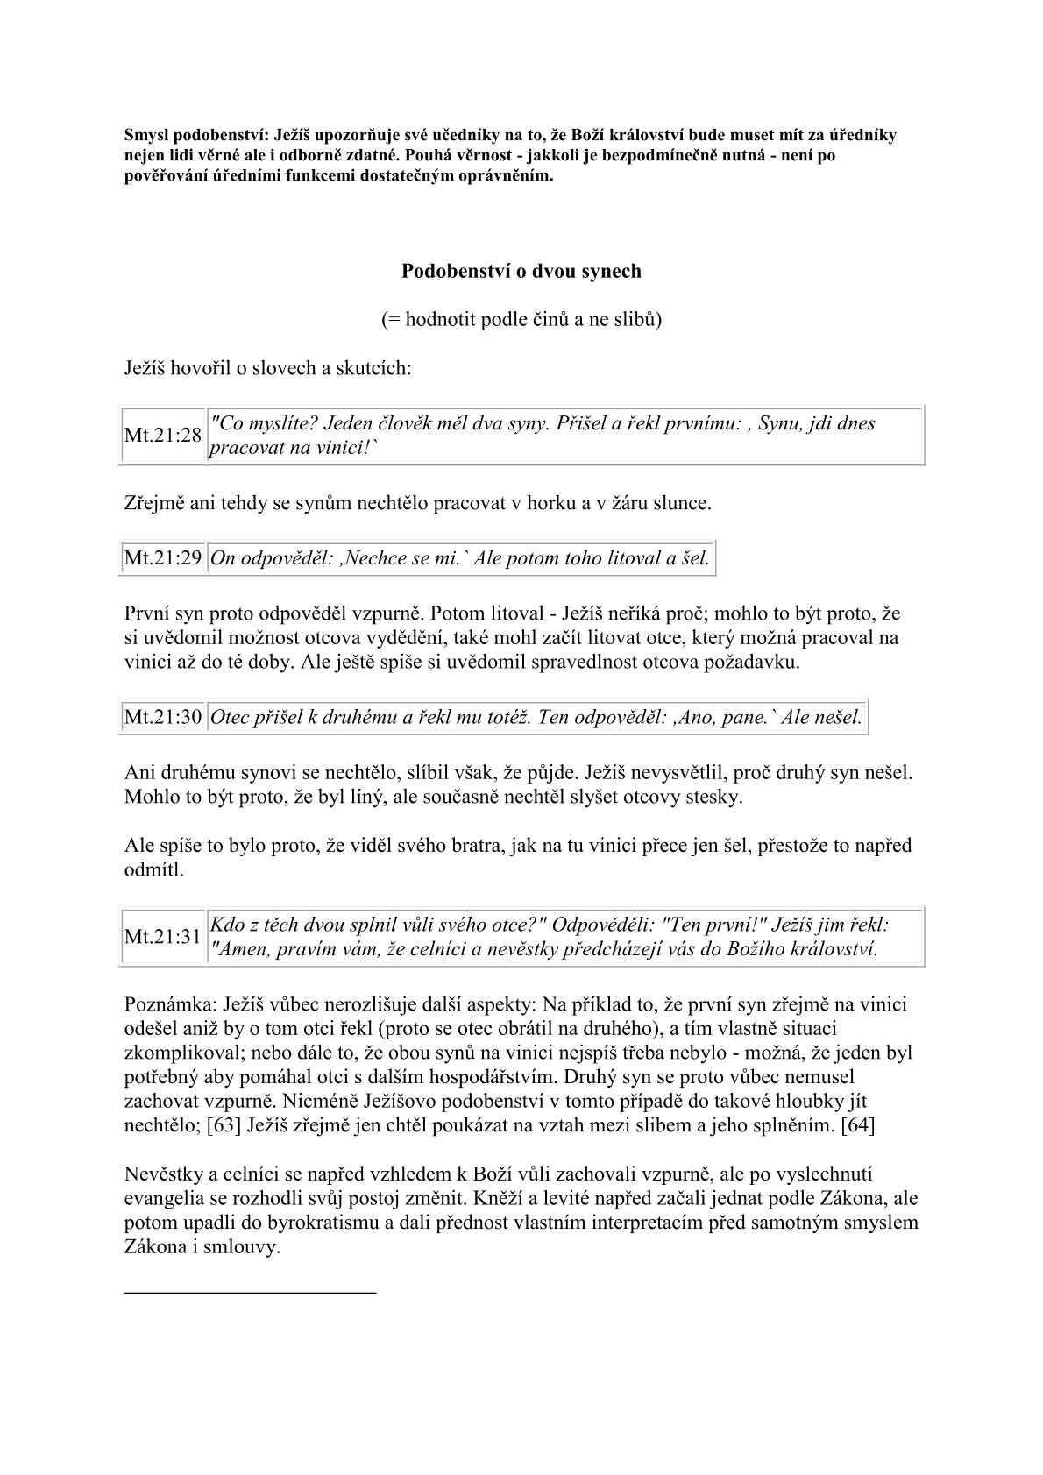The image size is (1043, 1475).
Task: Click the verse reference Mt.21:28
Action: point(163,436)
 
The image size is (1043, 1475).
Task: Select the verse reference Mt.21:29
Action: point(163,558)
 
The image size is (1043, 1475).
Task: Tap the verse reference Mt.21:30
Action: point(163,718)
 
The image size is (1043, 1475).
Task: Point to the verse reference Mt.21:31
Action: point(163,937)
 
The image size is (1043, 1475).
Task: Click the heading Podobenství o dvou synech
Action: point(521,271)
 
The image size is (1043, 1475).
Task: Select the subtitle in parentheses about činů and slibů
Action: point(521,319)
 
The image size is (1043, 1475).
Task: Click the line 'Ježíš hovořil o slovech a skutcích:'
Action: point(267,367)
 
